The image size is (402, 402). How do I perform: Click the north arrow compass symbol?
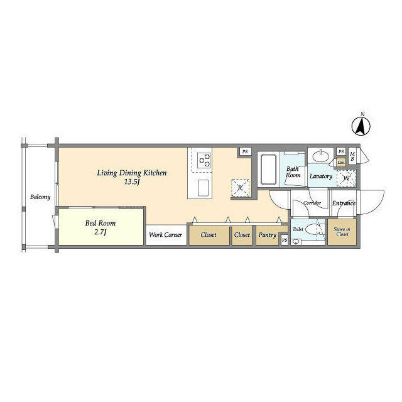362,125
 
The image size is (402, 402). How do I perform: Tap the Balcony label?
40,197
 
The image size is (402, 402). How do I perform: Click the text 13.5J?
131,183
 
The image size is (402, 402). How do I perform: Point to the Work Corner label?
166,235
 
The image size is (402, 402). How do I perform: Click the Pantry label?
268,235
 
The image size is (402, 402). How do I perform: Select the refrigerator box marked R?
240,188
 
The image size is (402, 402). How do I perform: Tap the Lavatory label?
320,177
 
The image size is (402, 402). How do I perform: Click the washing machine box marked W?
345,178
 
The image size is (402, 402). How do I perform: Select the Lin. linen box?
340,163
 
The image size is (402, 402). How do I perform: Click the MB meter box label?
352,156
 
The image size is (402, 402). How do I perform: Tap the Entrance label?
344,203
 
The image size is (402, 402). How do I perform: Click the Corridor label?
312,204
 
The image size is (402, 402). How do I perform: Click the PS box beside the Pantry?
285,241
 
